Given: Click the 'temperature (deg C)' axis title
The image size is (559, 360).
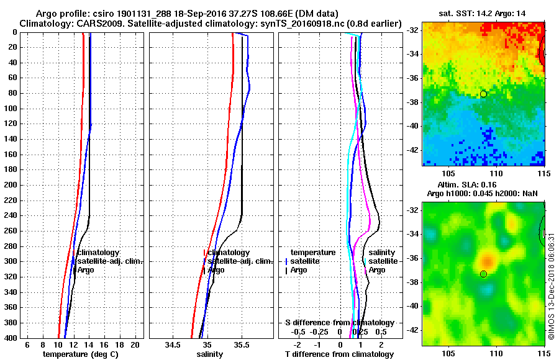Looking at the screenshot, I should [x=80, y=354].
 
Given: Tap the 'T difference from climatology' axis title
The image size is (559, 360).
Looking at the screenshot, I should [x=339, y=354].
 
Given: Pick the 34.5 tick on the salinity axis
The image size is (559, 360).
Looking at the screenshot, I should [x=173, y=344].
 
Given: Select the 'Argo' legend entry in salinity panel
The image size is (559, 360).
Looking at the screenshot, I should [x=216, y=270].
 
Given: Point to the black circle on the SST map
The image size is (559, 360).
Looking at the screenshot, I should [x=483, y=94].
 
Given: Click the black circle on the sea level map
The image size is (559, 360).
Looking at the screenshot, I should [x=483, y=274].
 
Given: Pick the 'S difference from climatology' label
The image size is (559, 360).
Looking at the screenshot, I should [x=339, y=323].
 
